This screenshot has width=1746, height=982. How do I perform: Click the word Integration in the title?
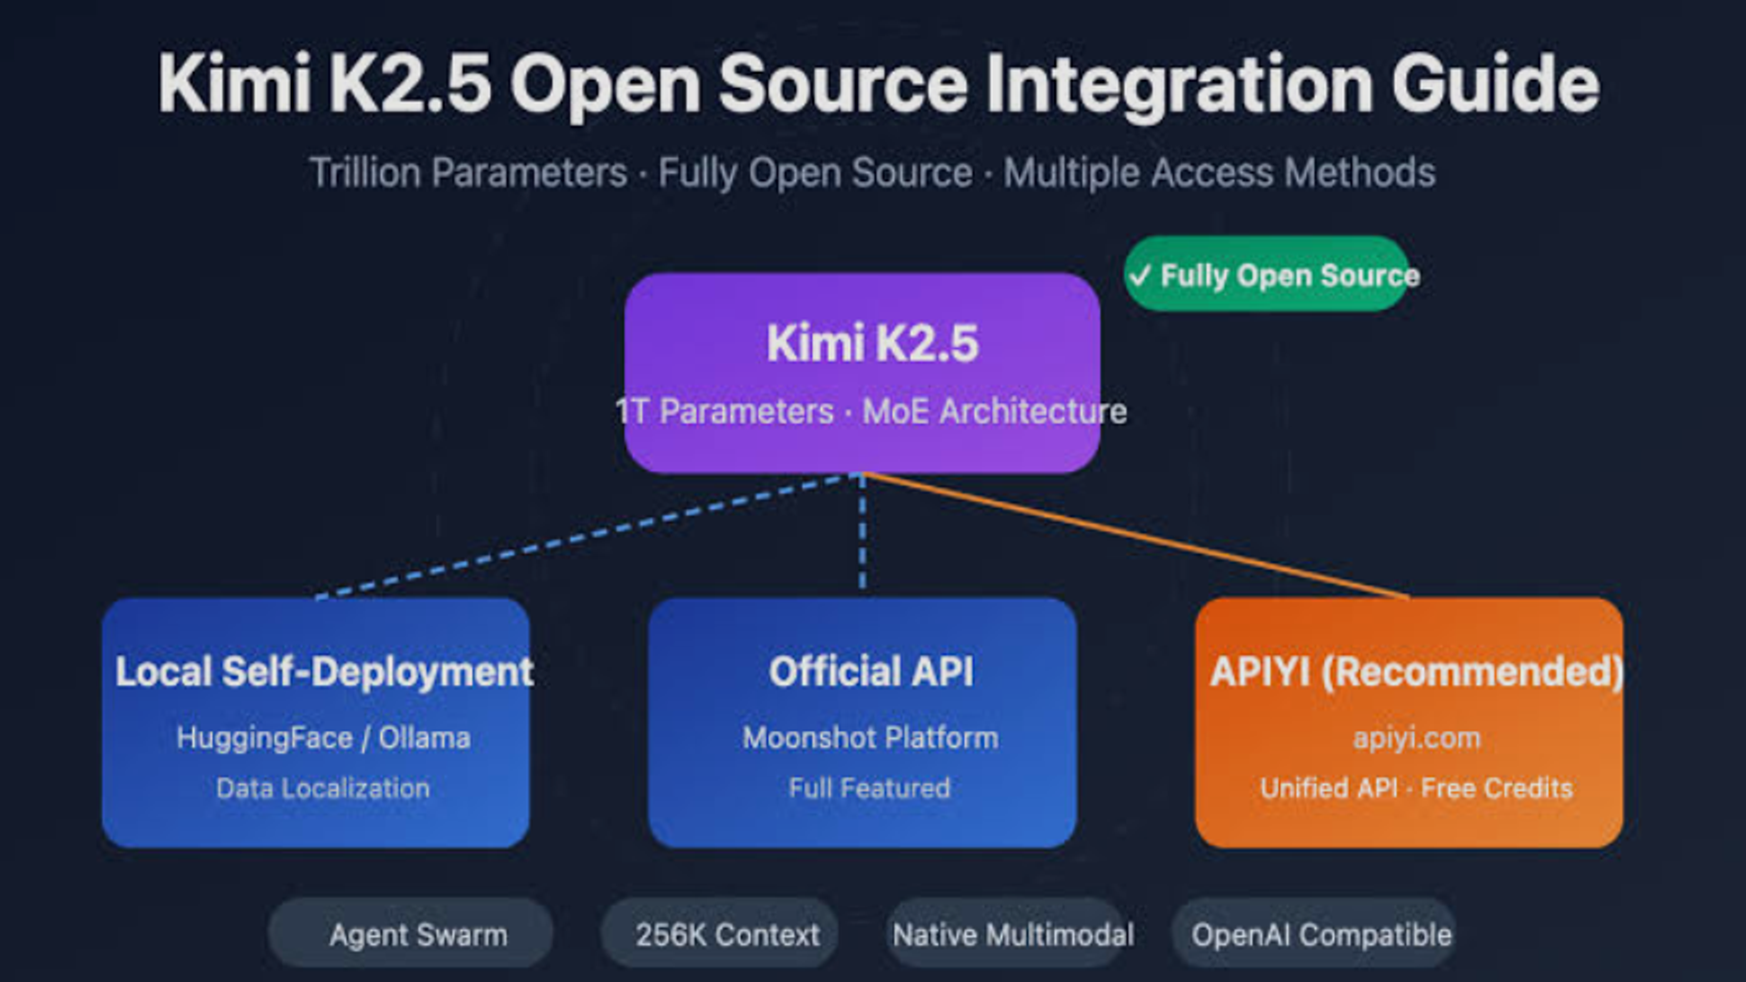[1179, 84]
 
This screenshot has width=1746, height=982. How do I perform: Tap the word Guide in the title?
[1495, 84]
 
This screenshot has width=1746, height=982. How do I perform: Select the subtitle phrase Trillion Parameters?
[468, 173]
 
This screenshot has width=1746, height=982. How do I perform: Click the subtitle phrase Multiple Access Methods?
[1219, 173]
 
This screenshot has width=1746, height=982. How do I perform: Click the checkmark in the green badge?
[1140, 276]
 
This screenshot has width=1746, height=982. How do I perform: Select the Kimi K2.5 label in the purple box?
[872, 344]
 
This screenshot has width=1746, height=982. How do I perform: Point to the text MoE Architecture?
[994, 412]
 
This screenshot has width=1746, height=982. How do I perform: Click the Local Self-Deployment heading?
[324, 672]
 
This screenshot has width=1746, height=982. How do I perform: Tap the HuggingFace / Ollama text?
[324, 737]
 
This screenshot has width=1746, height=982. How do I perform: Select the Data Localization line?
[323, 788]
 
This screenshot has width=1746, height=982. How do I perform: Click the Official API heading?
[871, 672]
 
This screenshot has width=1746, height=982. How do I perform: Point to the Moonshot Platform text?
[870, 737]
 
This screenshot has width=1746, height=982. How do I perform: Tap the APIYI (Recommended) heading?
[1416, 672]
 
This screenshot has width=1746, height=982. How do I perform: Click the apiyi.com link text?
[1416, 737]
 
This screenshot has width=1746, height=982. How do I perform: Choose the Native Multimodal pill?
[1011, 935]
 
